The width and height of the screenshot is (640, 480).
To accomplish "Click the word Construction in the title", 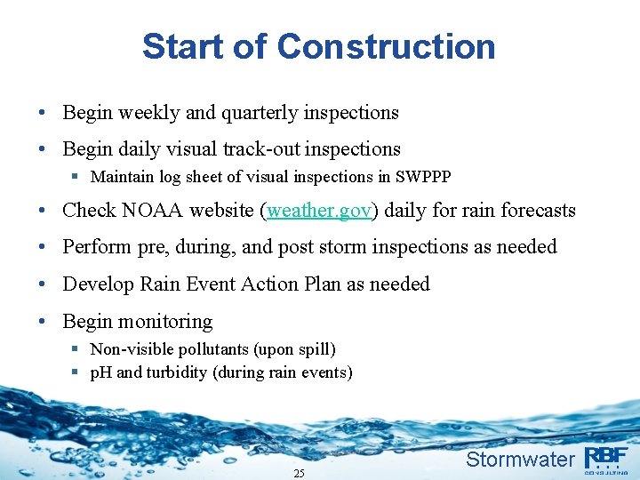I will tap(386, 46).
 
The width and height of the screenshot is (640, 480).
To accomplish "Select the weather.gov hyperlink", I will tap(319, 211).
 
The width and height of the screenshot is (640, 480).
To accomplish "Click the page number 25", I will tap(299, 474).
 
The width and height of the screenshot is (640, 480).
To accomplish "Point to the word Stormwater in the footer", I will tap(520, 460).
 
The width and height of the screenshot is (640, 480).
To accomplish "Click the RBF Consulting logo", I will tap(605, 460).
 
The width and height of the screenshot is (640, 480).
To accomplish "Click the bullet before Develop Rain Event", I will tap(43, 284).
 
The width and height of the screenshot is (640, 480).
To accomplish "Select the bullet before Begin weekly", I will tap(43, 114).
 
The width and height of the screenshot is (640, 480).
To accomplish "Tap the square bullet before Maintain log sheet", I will tap(77, 177).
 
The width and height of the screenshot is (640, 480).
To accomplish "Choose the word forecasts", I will tap(536, 211).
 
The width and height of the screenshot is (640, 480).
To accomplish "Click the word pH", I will tap(101, 372).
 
